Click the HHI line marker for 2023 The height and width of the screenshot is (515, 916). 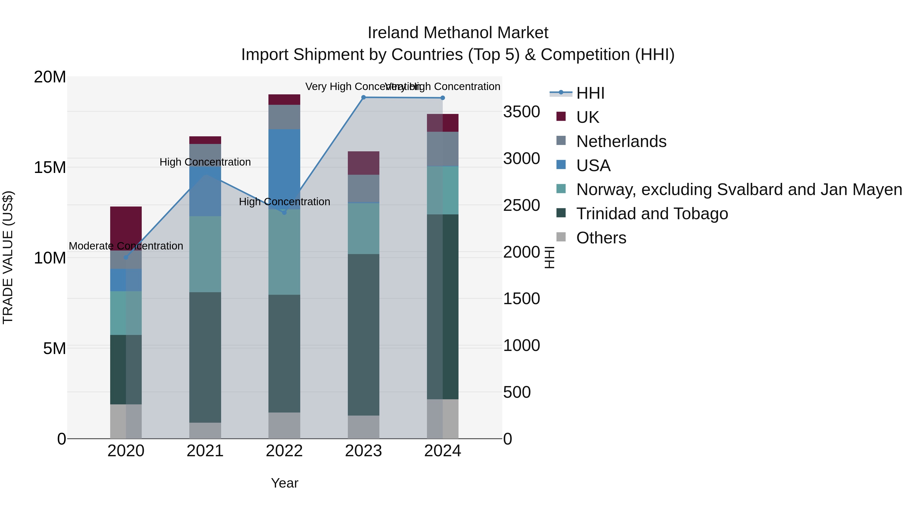click(x=363, y=97)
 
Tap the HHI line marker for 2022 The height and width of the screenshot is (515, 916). click(x=284, y=213)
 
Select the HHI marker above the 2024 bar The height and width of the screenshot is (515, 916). click(x=443, y=98)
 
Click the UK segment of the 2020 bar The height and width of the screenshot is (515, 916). click(x=126, y=227)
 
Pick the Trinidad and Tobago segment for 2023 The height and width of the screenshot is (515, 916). click(x=363, y=334)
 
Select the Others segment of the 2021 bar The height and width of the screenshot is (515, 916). click(x=205, y=430)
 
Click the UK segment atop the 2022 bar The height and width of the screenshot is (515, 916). click(x=284, y=99)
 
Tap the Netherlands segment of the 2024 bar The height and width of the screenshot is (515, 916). click(x=443, y=149)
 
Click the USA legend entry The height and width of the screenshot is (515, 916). click(x=593, y=166)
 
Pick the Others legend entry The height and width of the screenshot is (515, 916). click(x=601, y=238)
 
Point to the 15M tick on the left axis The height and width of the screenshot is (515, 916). click(x=50, y=167)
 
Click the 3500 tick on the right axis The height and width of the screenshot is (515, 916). click(x=521, y=112)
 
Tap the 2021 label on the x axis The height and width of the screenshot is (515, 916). click(x=205, y=451)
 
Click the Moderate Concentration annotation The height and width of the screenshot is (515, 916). click(x=126, y=246)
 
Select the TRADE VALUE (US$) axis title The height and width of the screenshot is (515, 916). click(x=8, y=257)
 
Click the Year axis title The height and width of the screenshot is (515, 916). click(x=284, y=483)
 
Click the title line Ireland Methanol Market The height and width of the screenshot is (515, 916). click(x=458, y=33)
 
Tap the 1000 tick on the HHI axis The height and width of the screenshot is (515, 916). click(x=521, y=345)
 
